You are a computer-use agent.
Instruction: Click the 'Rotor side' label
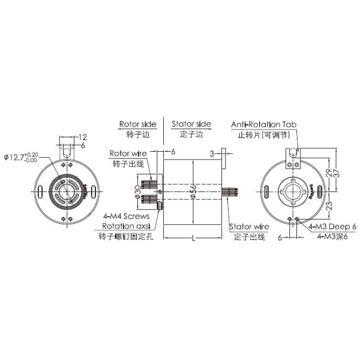tap(137, 124)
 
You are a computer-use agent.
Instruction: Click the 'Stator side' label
tap(191, 124)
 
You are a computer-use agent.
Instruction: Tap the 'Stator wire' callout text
tap(249, 227)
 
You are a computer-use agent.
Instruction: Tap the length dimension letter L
tap(193, 239)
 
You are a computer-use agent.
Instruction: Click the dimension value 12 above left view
tap(83, 137)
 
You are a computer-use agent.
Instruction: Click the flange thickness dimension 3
tap(212, 154)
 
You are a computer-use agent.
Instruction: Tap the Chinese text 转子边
tap(137, 134)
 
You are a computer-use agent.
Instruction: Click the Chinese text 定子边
tap(191, 134)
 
